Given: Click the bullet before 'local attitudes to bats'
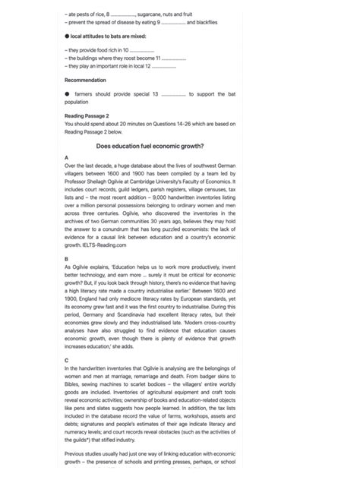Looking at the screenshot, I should pyautogui.click(x=67, y=36).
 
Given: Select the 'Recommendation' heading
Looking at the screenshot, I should pyautogui.click(x=85, y=80).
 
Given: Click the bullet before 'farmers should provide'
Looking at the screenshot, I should pyautogui.click(x=67, y=93).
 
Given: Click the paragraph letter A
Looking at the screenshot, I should pyautogui.click(x=67, y=157).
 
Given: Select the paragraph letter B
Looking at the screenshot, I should pyautogui.click(x=67, y=259).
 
